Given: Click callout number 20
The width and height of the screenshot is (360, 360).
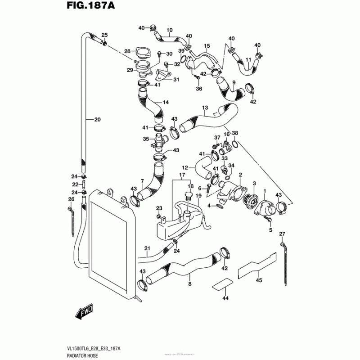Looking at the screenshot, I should coord(98,119).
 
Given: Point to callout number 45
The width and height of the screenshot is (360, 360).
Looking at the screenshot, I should coord(259,280).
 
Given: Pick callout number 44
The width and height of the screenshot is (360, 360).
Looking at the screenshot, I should coord(225,298).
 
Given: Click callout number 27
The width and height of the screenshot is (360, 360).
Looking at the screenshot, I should coord(282,233).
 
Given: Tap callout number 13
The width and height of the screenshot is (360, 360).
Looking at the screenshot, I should coord(205,108).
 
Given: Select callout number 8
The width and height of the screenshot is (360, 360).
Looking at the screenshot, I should coord(189,284).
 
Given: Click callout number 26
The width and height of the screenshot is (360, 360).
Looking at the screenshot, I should coord(71,199).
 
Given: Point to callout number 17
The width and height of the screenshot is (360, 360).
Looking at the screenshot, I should coord(182,175).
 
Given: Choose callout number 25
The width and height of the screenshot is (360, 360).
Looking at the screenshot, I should coord(104,35).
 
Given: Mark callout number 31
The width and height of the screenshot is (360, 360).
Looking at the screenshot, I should coord(176,80).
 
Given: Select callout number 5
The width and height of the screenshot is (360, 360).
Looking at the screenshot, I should coord(271,230).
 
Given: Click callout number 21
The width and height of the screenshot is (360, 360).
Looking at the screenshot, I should coord(147,248).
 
